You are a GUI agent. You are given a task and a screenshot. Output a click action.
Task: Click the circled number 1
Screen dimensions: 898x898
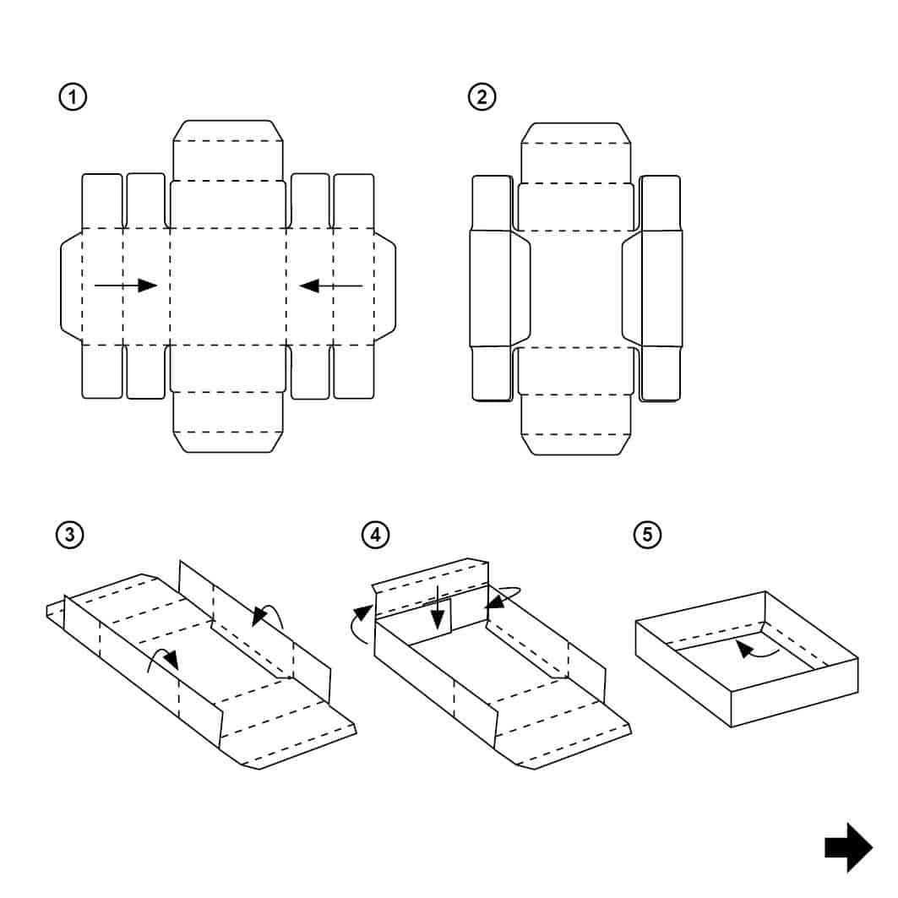[x=73, y=97]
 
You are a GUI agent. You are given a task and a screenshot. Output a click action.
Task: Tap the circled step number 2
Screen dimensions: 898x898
[x=482, y=97]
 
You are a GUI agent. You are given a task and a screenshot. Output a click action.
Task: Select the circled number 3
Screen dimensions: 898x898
[x=69, y=535]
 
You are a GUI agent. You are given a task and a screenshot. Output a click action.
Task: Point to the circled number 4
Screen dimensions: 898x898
[x=375, y=535]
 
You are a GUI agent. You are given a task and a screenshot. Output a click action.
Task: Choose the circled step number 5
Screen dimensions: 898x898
[x=648, y=535]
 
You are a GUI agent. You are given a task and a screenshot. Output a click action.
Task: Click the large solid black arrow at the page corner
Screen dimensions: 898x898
[x=848, y=847]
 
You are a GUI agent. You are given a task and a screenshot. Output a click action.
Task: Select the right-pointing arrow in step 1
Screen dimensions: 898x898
[x=126, y=286]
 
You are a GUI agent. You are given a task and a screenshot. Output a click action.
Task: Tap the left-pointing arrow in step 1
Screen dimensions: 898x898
[x=331, y=286]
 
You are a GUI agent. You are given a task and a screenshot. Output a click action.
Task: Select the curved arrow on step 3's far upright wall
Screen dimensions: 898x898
[x=269, y=614]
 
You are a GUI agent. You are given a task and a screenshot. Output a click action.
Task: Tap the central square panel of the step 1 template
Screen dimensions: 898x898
[x=228, y=286]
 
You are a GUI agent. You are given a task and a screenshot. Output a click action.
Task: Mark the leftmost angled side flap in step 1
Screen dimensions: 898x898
[x=72, y=286]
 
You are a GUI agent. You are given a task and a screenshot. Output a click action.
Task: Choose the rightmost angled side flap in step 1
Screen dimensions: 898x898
[x=385, y=286]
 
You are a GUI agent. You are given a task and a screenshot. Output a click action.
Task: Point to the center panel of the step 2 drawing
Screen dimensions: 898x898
[x=576, y=287]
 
